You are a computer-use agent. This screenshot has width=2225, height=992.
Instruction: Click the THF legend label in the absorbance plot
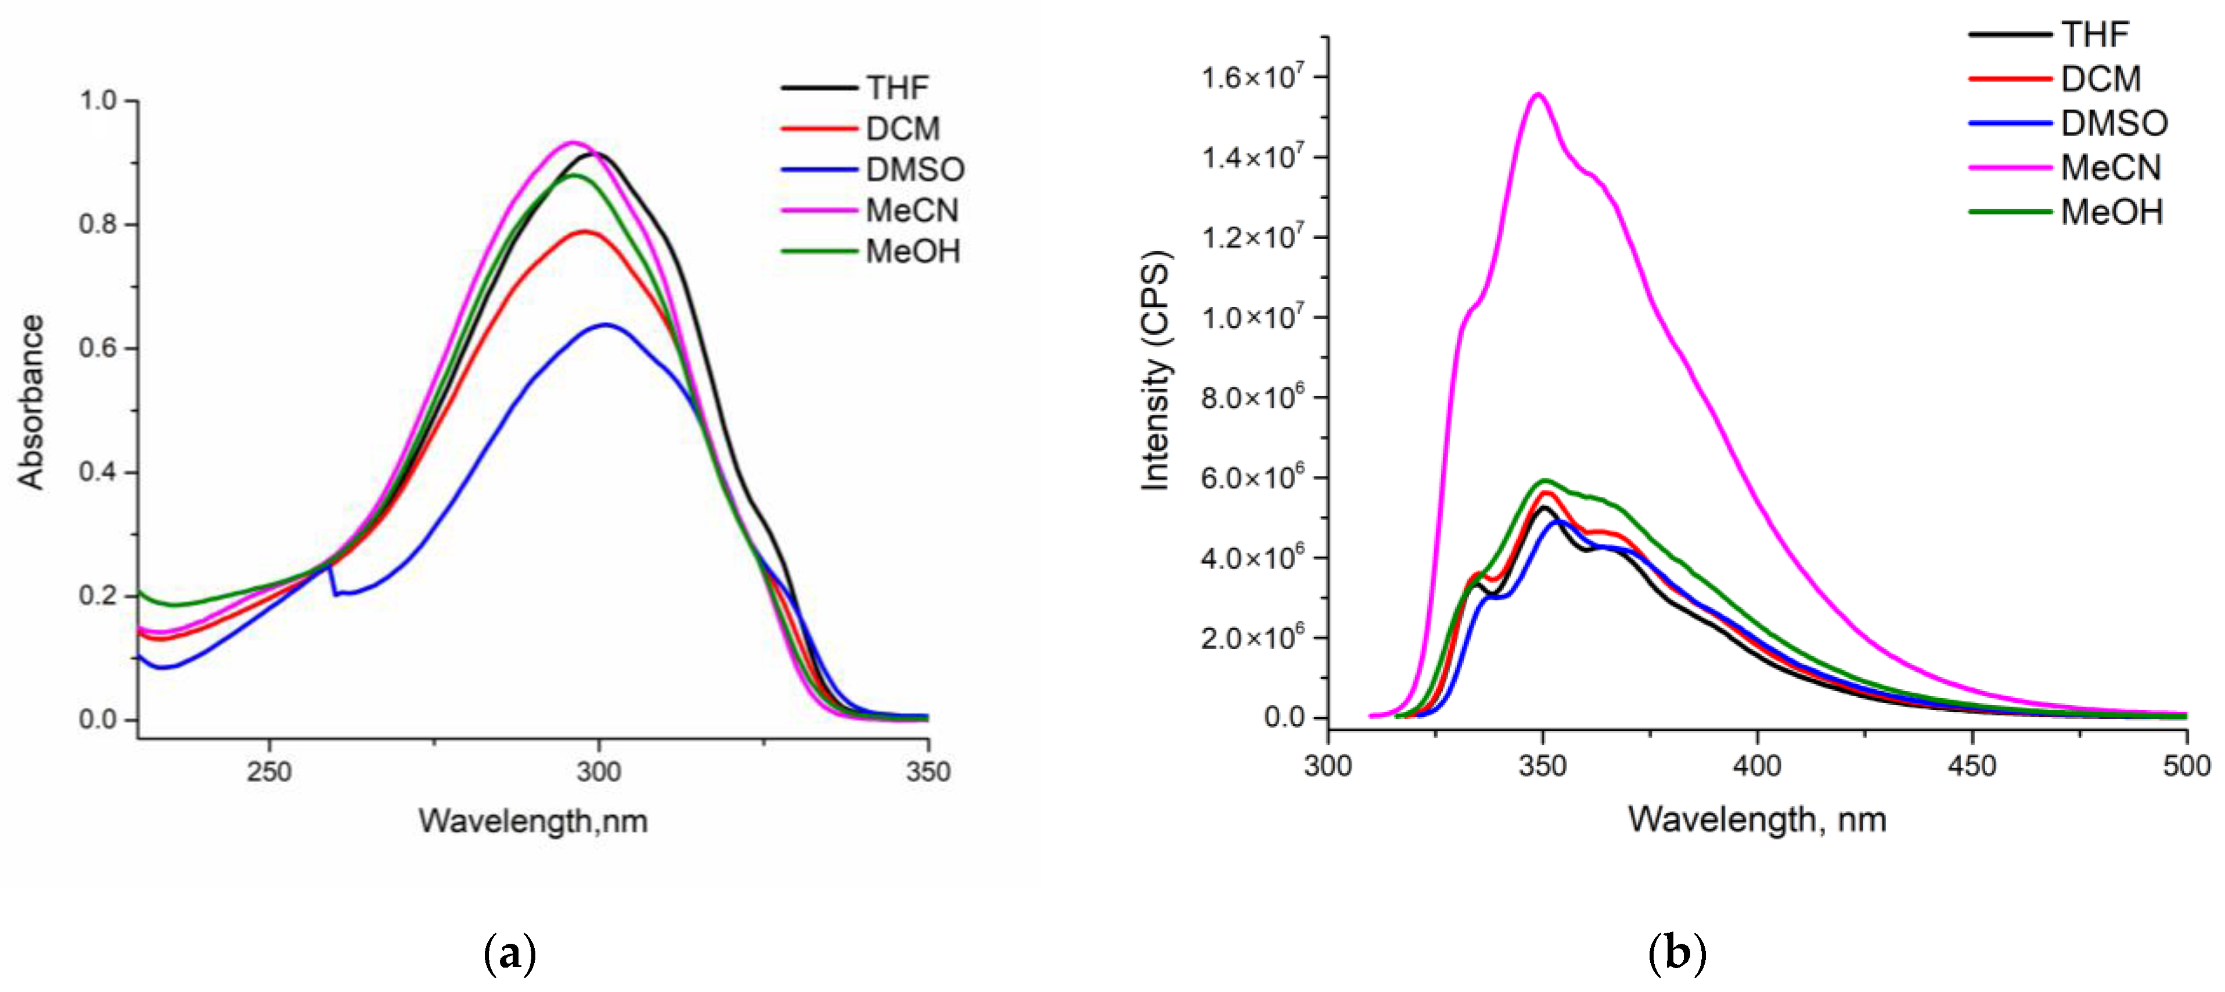898,88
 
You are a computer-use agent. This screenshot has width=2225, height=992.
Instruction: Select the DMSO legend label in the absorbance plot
915,169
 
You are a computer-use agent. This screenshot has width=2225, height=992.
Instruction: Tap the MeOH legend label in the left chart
913,252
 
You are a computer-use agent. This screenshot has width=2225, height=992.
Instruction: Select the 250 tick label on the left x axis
269,771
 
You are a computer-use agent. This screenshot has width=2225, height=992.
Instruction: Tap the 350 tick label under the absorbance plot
928,771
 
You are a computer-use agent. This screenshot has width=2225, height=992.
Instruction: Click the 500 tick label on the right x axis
2186,765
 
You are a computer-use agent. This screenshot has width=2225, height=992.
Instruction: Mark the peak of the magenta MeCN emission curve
1538,94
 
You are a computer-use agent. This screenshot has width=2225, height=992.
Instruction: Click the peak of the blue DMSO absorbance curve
606,325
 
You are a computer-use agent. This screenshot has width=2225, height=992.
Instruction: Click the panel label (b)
1677,955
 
